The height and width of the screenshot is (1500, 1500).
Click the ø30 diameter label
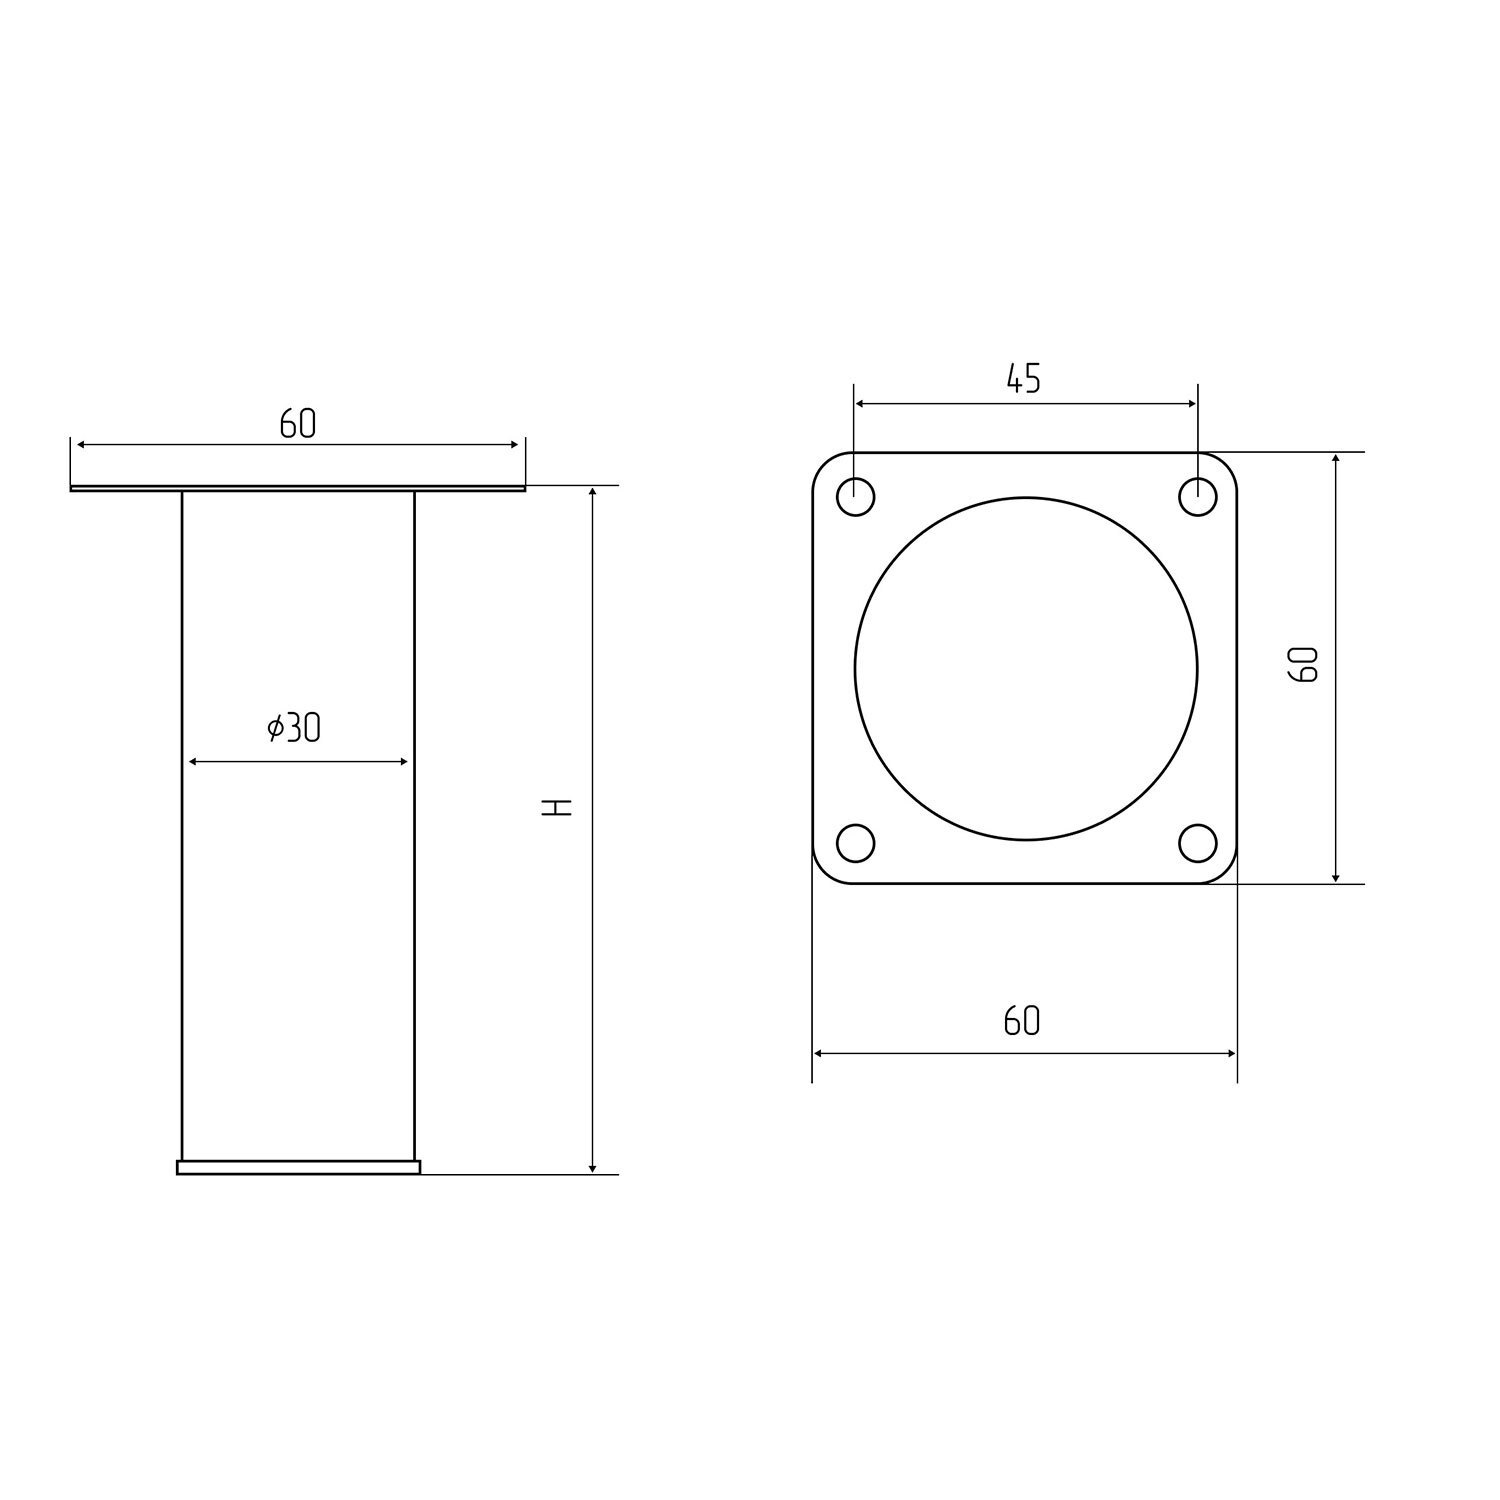coord(294,728)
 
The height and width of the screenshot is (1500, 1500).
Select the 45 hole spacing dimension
coord(1023,379)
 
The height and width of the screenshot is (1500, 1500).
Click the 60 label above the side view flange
coord(297,424)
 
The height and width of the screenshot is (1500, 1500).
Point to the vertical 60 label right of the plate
coord(1304,664)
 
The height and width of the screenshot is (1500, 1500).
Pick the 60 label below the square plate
coord(1022,1021)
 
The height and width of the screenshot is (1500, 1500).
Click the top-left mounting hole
coord(855,497)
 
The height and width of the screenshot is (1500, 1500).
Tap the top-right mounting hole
coord(1197,497)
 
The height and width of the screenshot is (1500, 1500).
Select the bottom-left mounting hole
coord(855,842)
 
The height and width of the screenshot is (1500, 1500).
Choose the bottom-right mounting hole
coord(1197,842)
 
